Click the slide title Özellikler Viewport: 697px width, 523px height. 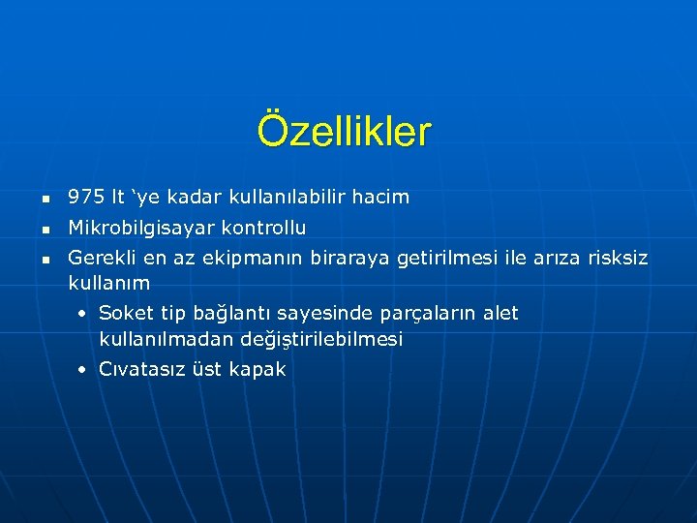[x=345, y=132]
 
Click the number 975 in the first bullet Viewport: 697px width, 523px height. [x=86, y=197]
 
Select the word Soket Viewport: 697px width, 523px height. [x=124, y=313]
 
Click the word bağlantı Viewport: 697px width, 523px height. [x=232, y=314]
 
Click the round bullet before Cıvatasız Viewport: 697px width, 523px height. [x=84, y=370]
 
